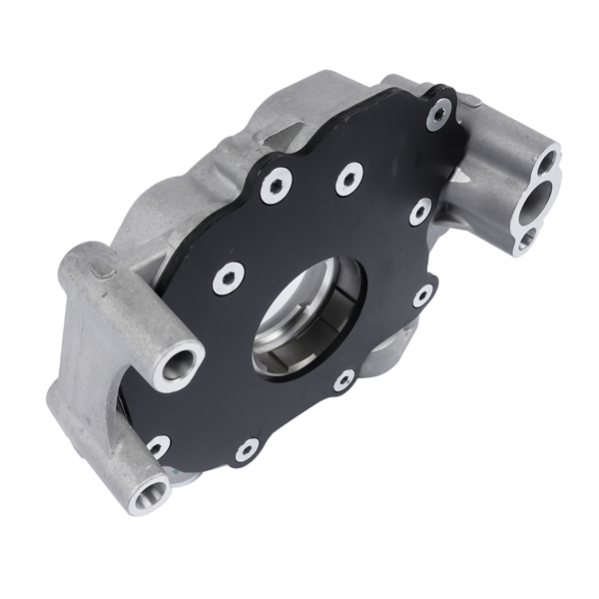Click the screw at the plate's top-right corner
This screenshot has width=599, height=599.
pyautogui.click(x=437, y=114)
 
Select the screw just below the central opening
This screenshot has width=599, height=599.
pyautogui.click(x=343, y=379)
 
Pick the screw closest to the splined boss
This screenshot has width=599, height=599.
pyautogui.click(x=157, y=447)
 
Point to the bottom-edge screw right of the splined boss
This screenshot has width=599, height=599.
pyautogui.click(x=246, y=451)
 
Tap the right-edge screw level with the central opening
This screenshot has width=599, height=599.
pyautogui.click(x=422, y=296)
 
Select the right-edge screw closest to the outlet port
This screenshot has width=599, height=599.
pyautogui.click(x=420, y=212)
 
